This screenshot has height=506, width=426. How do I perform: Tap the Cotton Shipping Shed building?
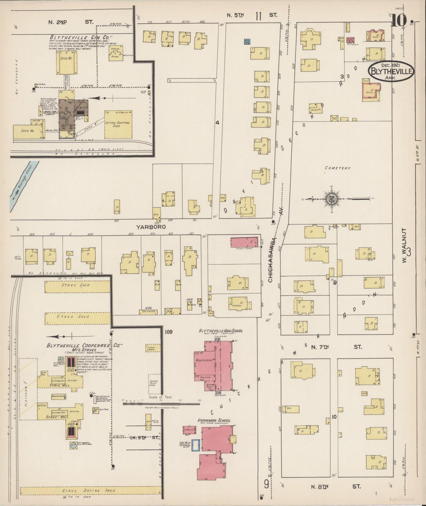pos(118,124)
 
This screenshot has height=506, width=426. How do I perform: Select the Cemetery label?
pos(338,168)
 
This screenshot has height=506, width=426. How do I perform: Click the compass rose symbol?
pos(332,198)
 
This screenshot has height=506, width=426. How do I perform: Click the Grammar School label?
pos(214,420)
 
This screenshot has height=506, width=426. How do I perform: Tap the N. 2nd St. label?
pos(70,22)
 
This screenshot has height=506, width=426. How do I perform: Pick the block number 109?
pos(169,332)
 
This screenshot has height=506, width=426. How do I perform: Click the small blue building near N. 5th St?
pos(247,42)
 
